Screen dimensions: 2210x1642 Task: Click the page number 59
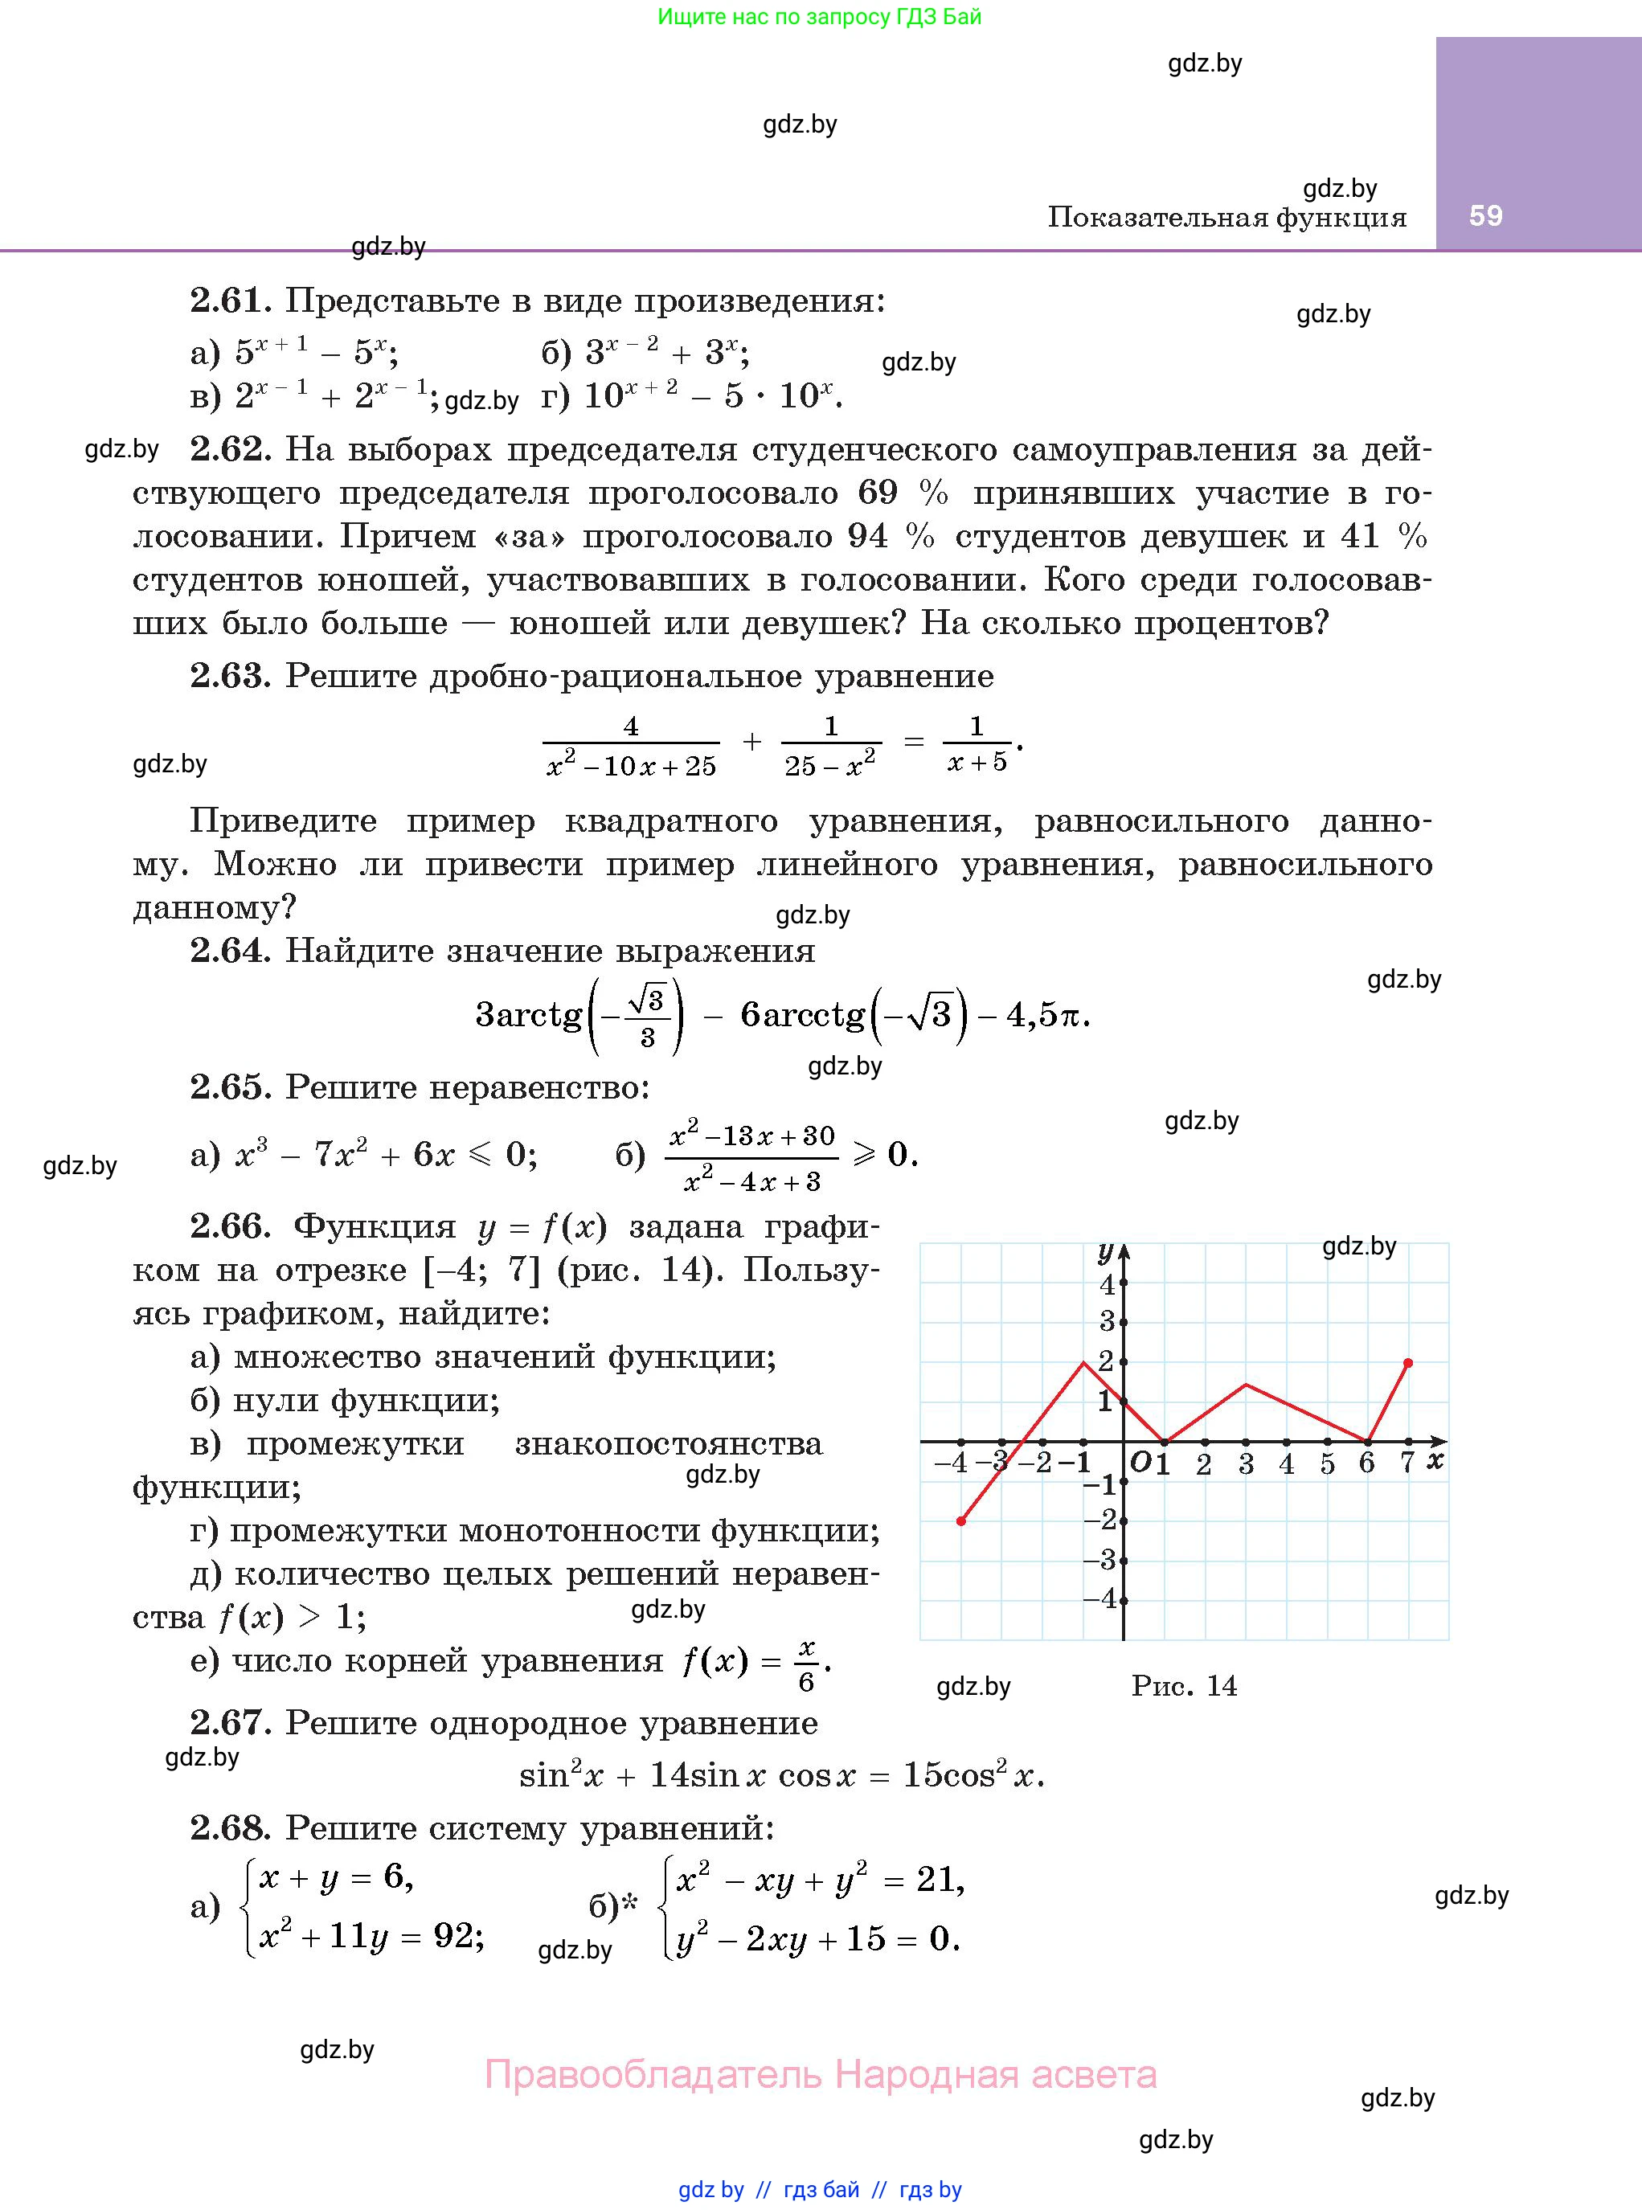point(1485,215)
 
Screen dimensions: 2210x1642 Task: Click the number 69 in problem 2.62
point(877,493)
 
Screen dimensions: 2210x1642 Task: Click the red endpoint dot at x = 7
point(1407,1362)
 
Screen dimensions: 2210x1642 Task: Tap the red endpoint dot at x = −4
point(961,1520)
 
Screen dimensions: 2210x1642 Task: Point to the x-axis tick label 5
point(1327,1463)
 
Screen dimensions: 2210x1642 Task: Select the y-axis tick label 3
point(1106,1322)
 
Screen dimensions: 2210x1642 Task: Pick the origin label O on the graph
point(1140,1462)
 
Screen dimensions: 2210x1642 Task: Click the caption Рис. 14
point(1184,1685)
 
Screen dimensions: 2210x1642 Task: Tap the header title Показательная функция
point(1226,217)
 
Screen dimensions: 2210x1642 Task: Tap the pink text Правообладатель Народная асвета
point(820,2074)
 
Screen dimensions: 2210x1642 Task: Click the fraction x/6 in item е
point(806,1665)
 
